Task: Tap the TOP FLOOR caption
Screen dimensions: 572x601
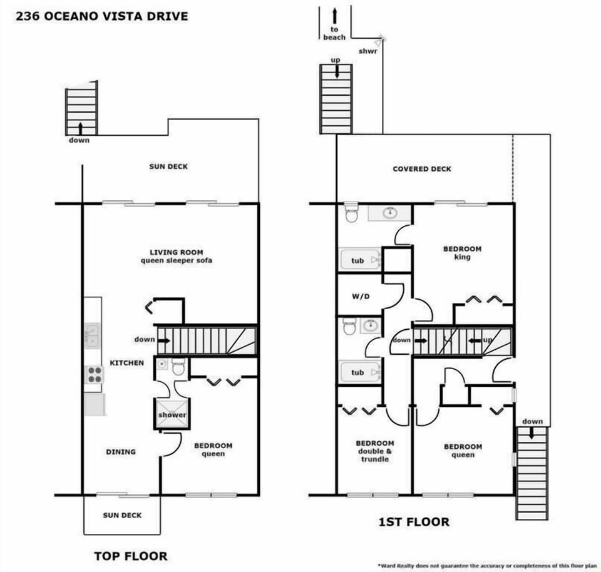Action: tap(131, 556)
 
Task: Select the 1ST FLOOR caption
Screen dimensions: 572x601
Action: tap(414, 522)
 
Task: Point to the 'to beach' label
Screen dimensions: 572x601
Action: tap(334, 33)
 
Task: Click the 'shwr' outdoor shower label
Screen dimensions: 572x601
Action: tap(368, 51)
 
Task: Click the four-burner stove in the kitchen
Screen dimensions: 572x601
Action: tap(94, 374)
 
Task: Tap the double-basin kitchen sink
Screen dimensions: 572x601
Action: tap(92, 335)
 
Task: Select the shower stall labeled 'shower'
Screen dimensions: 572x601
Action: tap(172, 414)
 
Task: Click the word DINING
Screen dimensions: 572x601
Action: tap(121, 452)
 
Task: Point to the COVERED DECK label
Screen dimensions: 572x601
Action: tap(422, 169)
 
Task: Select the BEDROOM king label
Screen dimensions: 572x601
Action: tap(462, 253)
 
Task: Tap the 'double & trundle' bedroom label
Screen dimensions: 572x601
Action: tap(375, 455)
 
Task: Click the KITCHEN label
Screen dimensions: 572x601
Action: tap(127, 363)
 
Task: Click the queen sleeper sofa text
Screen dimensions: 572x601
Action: tap(177, 260)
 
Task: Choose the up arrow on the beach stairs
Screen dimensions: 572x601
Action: tap(337, 70)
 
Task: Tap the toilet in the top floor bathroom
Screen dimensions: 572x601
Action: tap(178, 367)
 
